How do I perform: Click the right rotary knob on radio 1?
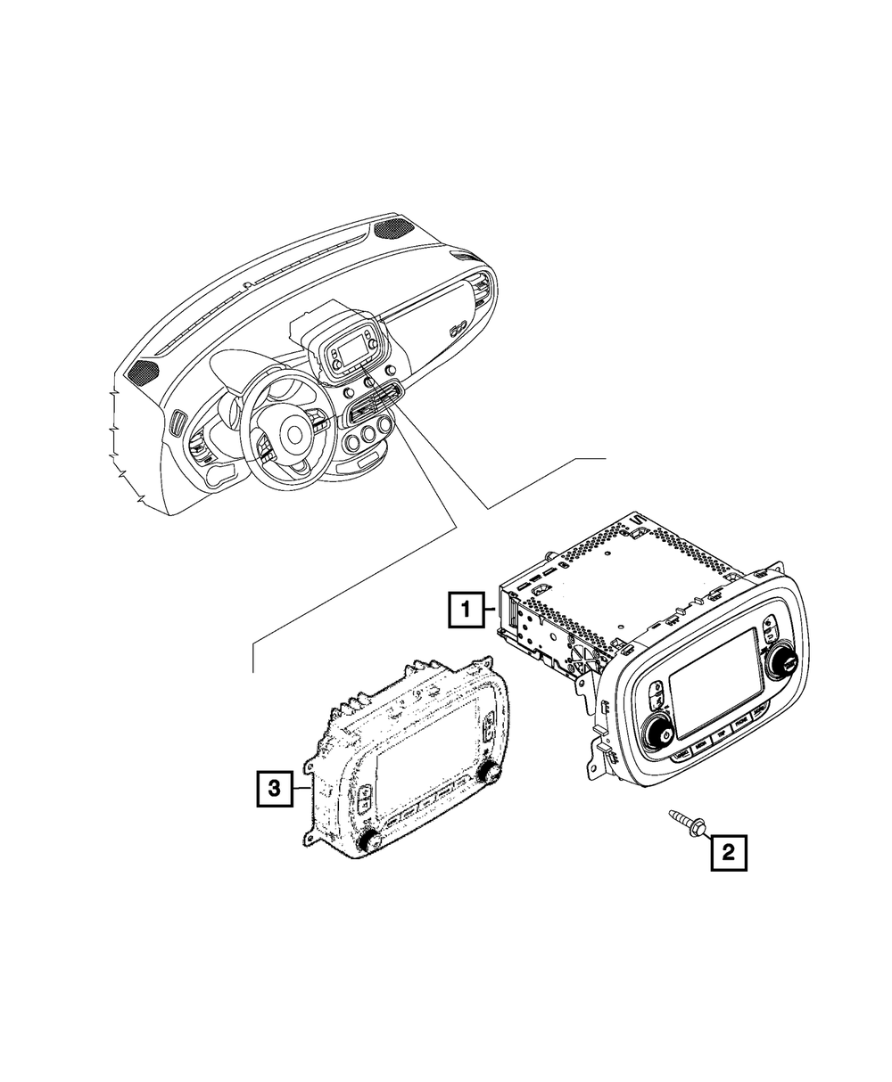[x=789, y=660]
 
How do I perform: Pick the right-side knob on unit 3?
[x=489, y=771]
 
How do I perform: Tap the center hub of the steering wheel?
[x=293, y=434]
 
